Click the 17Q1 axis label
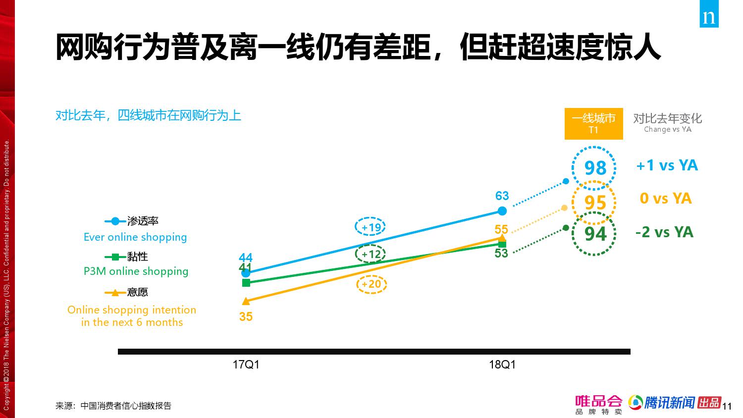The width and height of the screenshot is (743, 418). [246, 365]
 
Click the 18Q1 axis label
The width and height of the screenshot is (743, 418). [502, 365]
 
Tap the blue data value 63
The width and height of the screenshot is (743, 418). [502, 196]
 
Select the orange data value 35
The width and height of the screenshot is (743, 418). [246, 316]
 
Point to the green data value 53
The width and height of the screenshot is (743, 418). [501, 254]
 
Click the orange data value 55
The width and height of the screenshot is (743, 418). [501, 229]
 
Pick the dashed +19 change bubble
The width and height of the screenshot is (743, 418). [371, 227]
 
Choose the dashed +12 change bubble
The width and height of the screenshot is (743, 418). [371, 255]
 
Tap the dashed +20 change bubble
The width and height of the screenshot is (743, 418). [371, 284]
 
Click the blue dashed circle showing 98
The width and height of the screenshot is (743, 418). [594, 168]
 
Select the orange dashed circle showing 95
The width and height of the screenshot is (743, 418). [594, 203]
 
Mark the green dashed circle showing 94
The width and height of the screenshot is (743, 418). [594, 233]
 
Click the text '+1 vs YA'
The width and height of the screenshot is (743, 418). [667, 165]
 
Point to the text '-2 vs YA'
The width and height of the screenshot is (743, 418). [664, 232]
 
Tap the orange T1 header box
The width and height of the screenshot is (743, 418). [593, 123]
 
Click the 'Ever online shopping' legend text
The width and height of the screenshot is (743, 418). [135, 237]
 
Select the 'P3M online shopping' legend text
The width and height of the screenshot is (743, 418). [136, 271]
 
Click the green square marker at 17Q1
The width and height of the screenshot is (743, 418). [246, 283]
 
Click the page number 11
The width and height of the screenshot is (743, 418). [727, 407]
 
